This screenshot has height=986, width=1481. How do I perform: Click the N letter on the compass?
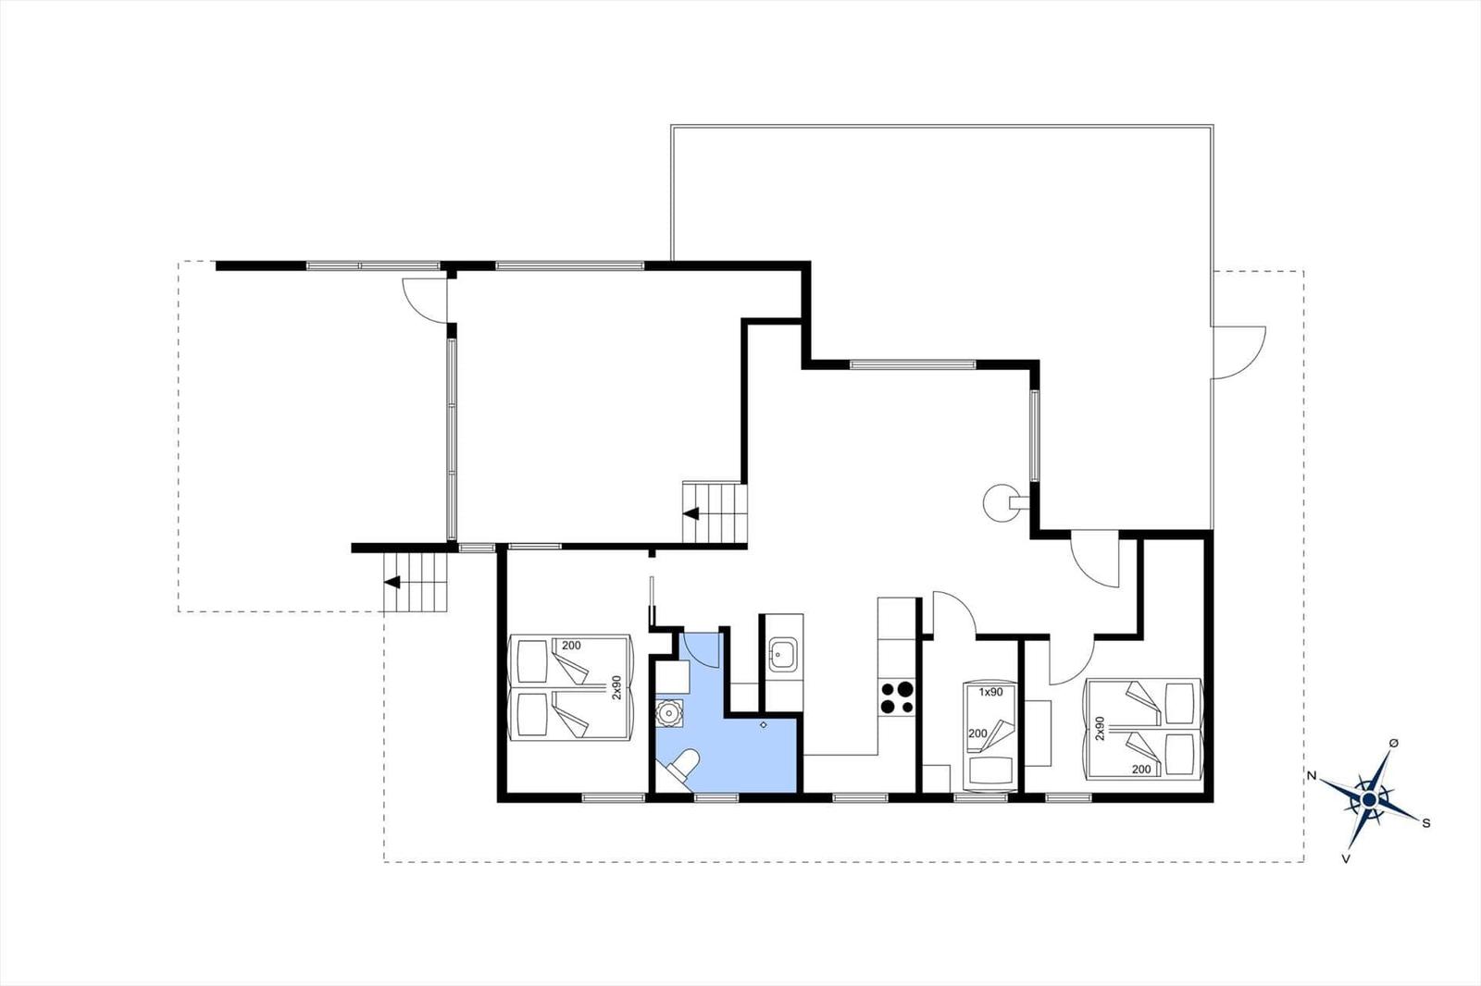pyautogui.click(x=1313, y=776)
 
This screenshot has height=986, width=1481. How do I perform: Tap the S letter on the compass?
pyautogui.click(x=1426, y=823)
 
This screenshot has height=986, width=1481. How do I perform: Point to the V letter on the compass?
pyautogui.click(x=1346, y=859)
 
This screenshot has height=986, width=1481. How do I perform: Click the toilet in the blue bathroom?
pyautogui.click(x=680, y=767)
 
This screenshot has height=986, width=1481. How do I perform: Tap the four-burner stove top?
pyautogui.click(x=897, y=697)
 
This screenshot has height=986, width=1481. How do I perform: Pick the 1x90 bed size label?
pyautogui.click(x=990, y=693)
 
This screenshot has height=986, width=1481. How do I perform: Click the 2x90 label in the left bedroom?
pyautogui.click(x=616, y=687)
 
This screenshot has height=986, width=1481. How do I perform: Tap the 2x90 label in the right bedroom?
pyautogui.click(x=1101, y=728)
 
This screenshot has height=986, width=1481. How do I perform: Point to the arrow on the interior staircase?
pyautogui.click(x=691, y=513)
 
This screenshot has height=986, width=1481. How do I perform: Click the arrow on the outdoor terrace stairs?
pyautogui.click(x=392, y=582)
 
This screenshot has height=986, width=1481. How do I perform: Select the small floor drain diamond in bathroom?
pyautogui.click(x=764, y=725)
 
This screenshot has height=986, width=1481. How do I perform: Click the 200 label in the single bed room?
pyautogui.click(x=977, y=733)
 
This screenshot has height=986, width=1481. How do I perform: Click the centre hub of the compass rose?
pyautogui.click(x=1369, y=800)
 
